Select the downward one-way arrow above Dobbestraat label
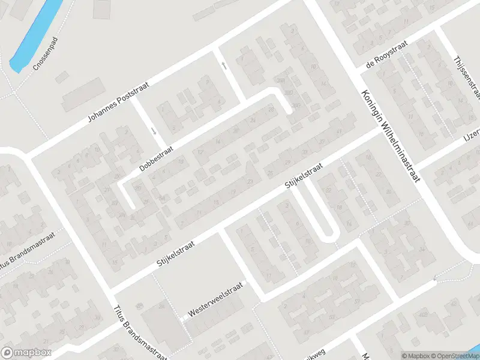pos(154,130)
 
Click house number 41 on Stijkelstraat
pos(340,131)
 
